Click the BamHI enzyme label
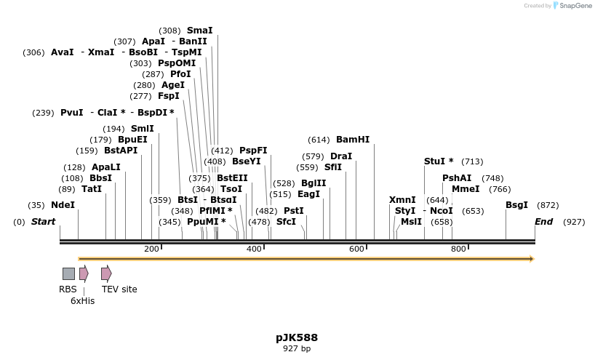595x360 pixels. click(353, 140)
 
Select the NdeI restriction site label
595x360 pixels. click(63, 205)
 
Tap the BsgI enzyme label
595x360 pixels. click(516, 205)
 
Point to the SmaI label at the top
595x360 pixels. click(199, 31)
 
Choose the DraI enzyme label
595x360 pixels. click(340, 156)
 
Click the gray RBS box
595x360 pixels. click(68, 273)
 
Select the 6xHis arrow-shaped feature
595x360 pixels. click(84, 273)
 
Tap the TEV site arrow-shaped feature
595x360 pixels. click(106, 273)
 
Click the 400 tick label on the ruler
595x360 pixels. click(254, 249)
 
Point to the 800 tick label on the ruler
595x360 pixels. click(458, 249)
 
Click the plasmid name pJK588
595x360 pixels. click(297, 337)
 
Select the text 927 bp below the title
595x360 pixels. click(297, 349)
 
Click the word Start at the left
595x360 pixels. click(43, 222)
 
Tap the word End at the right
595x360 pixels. click(543, 222)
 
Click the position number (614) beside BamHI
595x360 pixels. click(319, 140)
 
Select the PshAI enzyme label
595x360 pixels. click(457, 178)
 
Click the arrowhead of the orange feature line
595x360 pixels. click(532, 259)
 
